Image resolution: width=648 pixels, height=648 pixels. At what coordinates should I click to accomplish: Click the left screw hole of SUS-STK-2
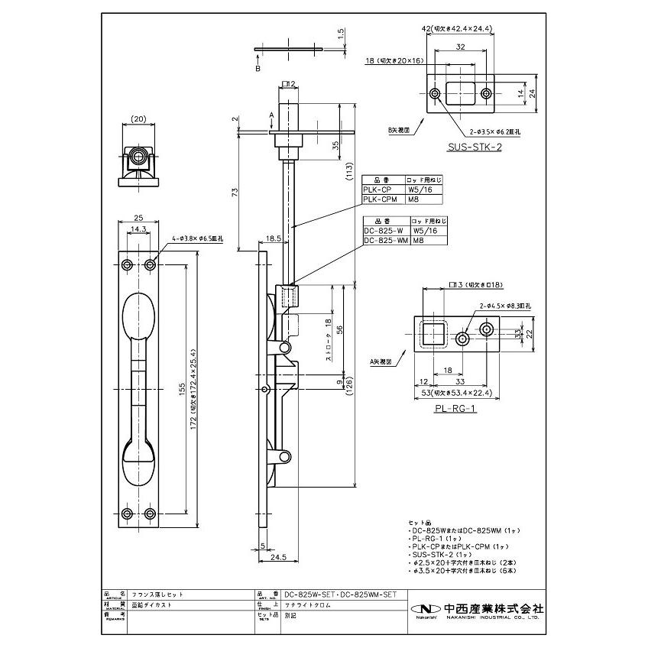435,94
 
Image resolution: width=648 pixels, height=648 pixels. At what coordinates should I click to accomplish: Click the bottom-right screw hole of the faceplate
149,512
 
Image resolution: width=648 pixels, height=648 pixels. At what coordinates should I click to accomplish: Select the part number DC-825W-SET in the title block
309,594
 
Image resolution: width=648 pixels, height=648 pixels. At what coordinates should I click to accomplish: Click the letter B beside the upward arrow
258,69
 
